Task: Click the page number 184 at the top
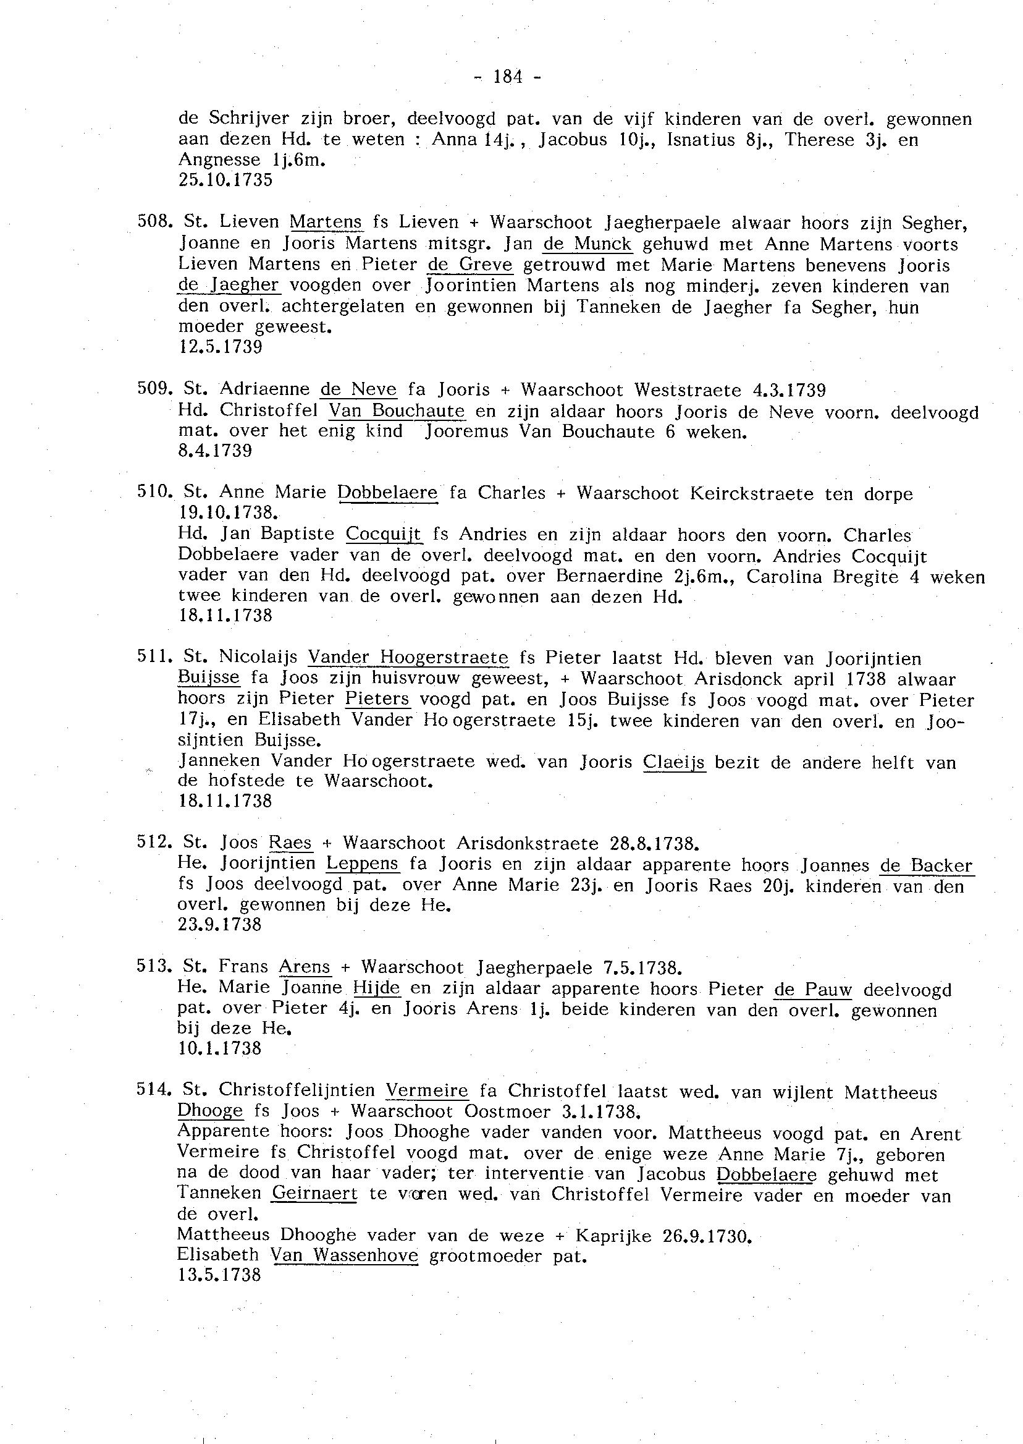point(508,77)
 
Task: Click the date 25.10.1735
point(225,180)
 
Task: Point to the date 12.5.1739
point(221,347)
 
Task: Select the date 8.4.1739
point(216,451)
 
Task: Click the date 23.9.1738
point(221,925)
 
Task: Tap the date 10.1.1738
point(221,1048)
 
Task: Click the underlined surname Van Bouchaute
point(397,411)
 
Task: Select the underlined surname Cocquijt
point(384,534)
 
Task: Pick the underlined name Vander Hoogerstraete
point(408,658)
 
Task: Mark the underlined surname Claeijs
point(674,762)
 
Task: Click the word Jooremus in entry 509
point(467,431)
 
